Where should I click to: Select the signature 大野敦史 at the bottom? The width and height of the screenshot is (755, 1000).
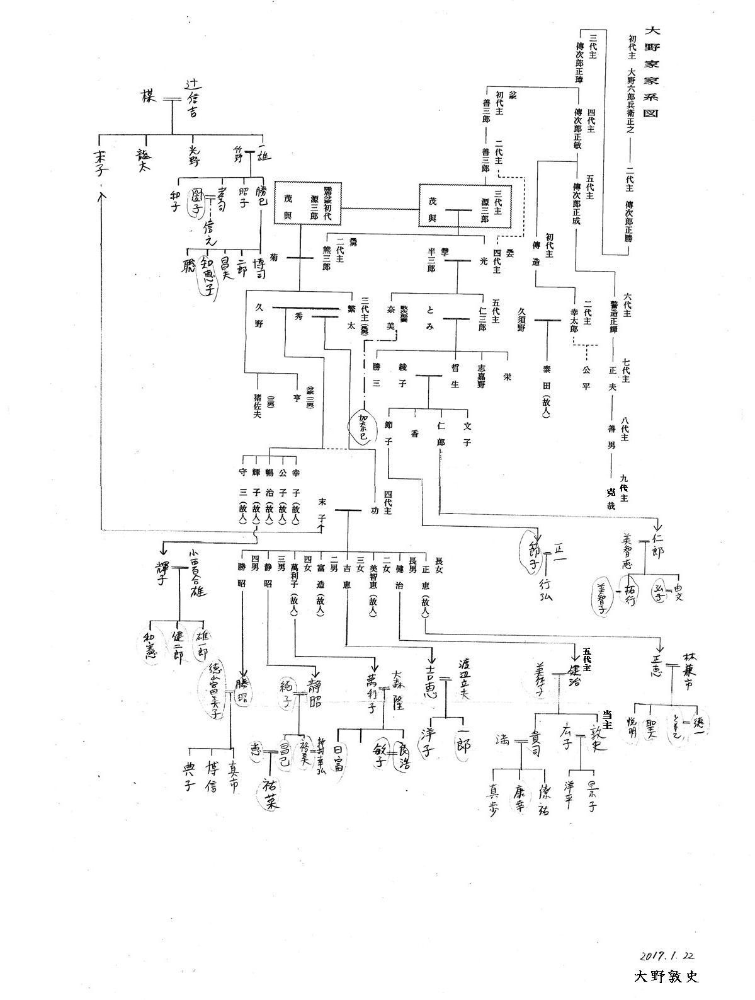click(667, 977)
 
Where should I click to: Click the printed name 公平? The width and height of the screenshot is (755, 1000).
click(586, 376)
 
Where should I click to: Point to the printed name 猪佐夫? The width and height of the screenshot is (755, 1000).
click(256, 409)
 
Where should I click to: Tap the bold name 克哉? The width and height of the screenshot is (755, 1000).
click(610, 498)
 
